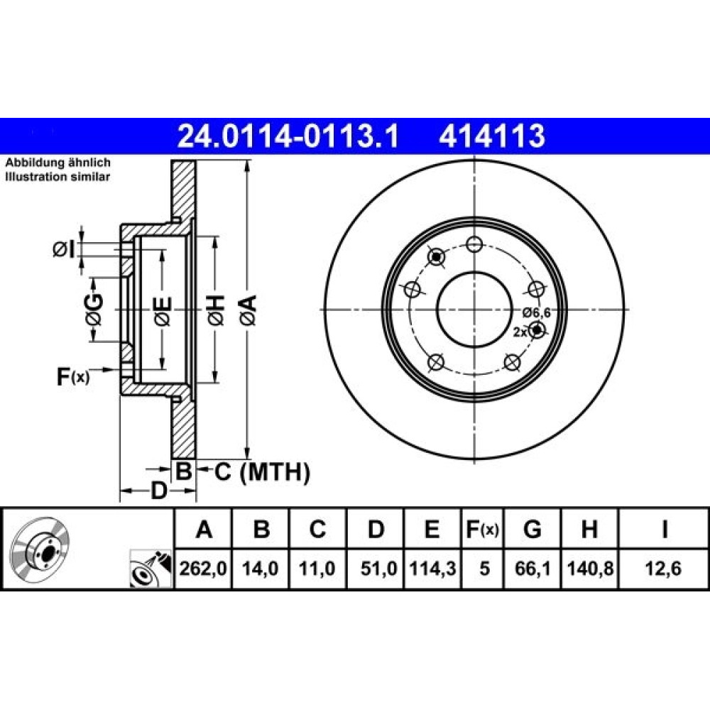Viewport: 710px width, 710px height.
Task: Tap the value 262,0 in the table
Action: click(203, 568)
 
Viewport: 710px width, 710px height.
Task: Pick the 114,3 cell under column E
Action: click(432, 568)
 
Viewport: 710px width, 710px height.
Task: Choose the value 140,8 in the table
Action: click(590, 568)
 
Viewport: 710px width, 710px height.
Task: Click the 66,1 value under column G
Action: click(532, 568)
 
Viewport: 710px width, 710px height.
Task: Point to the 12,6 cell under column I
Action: click(663, 568)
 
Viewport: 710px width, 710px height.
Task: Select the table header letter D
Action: click(376, 529)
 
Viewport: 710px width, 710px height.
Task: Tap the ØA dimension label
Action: click(248, 310)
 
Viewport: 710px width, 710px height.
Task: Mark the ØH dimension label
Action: click(216, 310)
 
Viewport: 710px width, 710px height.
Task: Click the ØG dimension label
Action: click(94, 310)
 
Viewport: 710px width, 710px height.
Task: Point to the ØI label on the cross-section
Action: click(64, 249)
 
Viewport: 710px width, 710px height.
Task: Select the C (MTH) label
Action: click(262, 472)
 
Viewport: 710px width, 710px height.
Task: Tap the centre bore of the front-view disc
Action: click(474, 310)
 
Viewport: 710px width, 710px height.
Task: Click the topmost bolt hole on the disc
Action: click(474, 244)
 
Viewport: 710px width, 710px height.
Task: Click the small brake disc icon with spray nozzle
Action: click(151, 569)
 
